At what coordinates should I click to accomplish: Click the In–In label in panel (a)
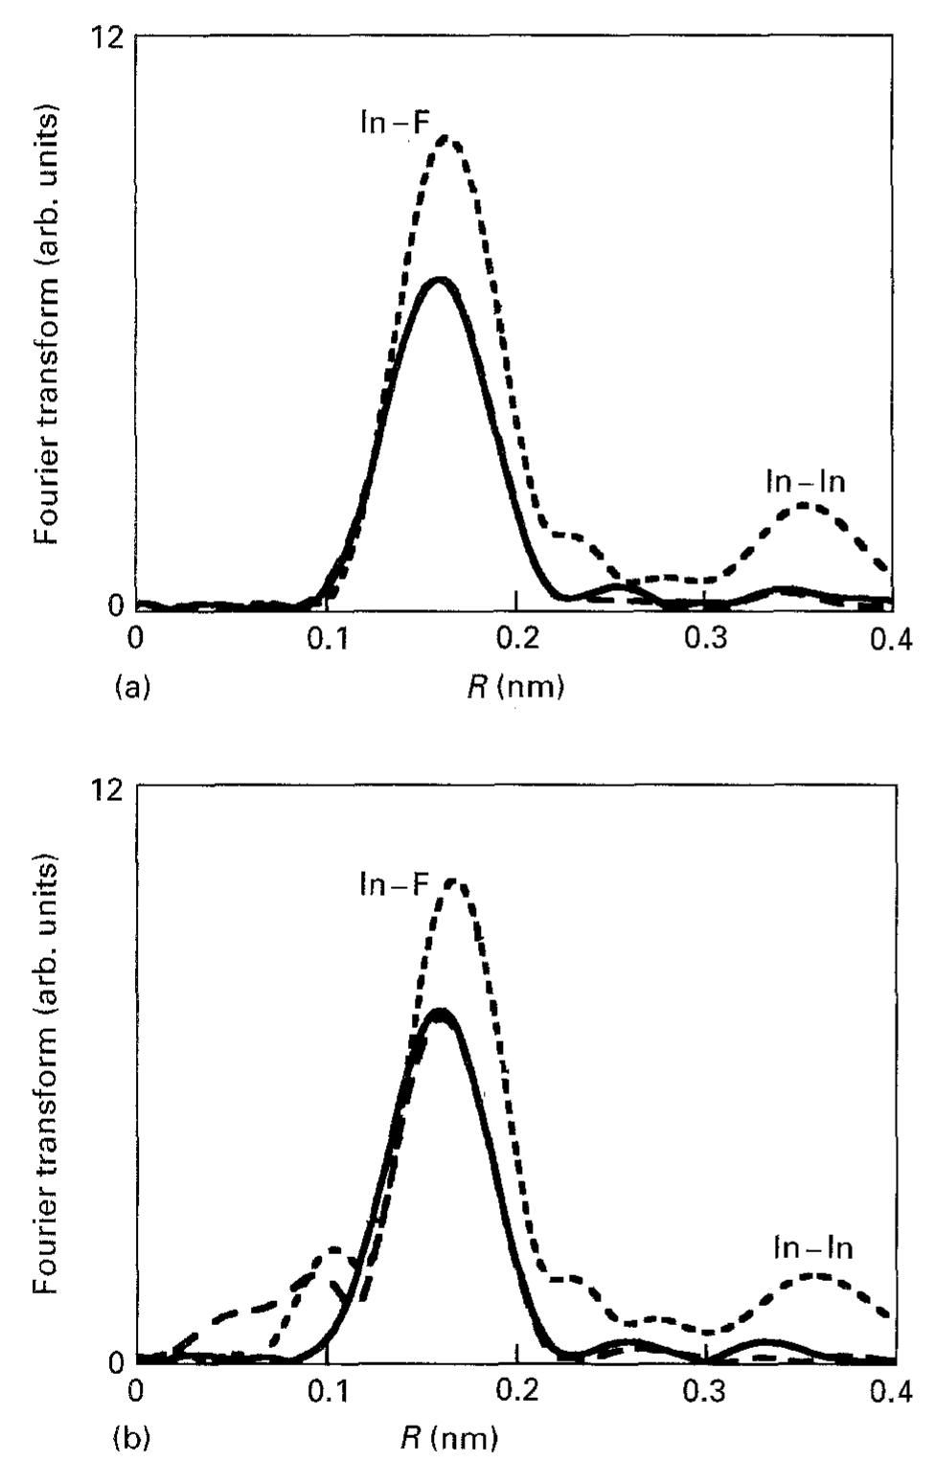pyautogui.click(x=806, y=481)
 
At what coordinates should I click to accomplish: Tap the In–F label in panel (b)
pyautogui.click(x=394, y=883)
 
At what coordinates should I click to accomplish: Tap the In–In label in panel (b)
pyautogui.click(x=812, y=1247)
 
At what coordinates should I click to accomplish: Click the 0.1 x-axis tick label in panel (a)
pyautogui.click(x=327, y=639)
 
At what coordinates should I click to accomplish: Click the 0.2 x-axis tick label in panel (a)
pyautogui.click(x=516, y=639)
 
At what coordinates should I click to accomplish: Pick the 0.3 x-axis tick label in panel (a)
pyautogui.click(x=705, y=639)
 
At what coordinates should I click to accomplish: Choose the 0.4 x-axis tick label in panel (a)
pyautogui.click(x=892, y=639)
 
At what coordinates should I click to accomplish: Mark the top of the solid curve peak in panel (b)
pyautogui.click(x=440, y=1012)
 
